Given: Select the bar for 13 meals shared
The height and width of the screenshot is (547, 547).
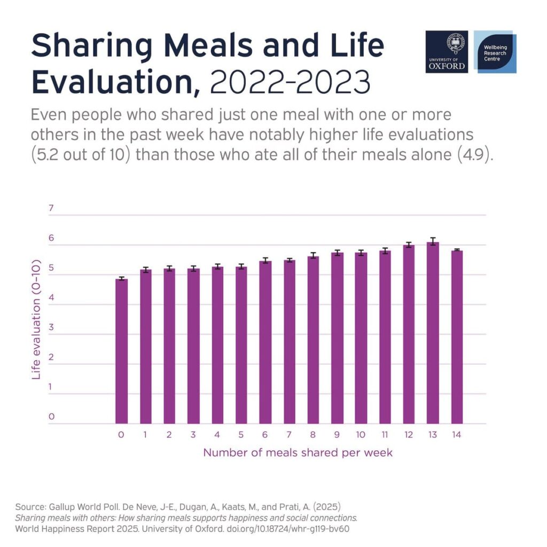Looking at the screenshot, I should coord(433,333).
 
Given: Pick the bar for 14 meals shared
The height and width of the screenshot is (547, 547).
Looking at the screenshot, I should coord(456,337).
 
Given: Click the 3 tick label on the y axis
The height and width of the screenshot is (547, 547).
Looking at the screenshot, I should coord(52,328).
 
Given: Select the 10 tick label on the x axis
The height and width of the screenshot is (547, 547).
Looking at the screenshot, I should coord(361,435).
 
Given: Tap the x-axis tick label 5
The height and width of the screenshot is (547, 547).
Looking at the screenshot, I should coord(241,435).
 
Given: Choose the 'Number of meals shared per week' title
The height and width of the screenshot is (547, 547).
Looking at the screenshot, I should coord(298,453).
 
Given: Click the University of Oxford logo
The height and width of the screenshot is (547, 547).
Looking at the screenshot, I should coord(447,51).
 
